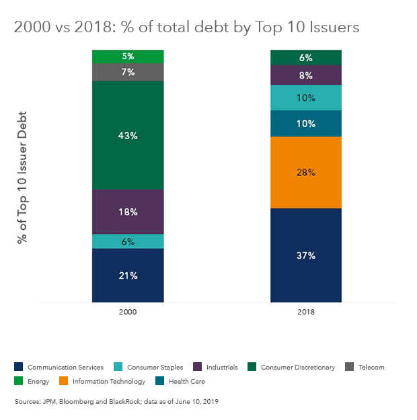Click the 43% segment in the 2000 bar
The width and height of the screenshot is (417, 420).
click(x=128, y=135)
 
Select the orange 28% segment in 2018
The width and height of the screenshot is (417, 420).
click(x=306, y=172)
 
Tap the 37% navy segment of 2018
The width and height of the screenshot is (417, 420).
click(x=306, y=255)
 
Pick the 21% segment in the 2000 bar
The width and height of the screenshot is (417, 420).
click(x=128, y=276)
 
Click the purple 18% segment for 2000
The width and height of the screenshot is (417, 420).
click(x=128, y=212)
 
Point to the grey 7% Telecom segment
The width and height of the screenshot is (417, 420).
click(x=128, y=71)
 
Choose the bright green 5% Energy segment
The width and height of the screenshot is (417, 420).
click(x=128, y=56)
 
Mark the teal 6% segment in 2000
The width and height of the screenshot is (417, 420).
click(x=128, y=241)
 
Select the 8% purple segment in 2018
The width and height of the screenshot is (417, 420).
click(x=306, y=75)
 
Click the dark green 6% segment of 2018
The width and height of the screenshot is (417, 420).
click(x=306, y=58)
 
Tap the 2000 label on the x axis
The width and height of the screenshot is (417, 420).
click(x=128, y=312)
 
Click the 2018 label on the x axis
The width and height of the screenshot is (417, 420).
click(x=306, y=312)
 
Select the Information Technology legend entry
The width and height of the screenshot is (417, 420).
click(x=107, y=381)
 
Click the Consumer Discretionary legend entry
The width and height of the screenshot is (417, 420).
click(x=292, y=367)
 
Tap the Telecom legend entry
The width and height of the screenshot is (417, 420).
click(x=367, y=367)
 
